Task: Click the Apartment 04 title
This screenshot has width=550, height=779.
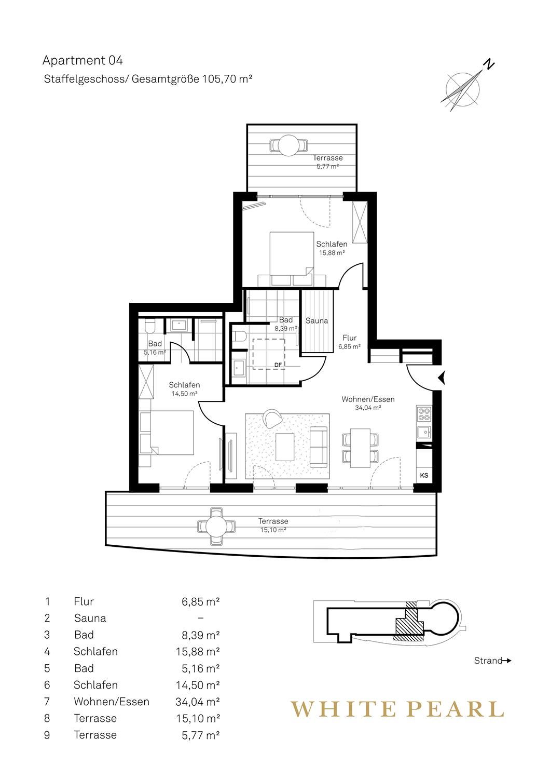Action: click(82, 61)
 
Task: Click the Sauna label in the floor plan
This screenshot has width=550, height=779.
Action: click(317, 320)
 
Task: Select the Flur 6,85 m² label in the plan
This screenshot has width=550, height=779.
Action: click(350, 342)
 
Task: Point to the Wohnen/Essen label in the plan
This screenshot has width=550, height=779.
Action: click(368, 399)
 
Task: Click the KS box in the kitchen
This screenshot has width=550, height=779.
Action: click(424, 475)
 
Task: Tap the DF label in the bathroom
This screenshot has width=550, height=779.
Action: click(278, 365)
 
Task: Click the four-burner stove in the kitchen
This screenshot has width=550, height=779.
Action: click(424, 414)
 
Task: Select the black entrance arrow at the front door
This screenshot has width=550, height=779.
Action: click(442, 378)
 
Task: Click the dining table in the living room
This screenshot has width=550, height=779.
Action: click(360, 448)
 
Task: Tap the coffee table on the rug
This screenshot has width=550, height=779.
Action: click(284, 447)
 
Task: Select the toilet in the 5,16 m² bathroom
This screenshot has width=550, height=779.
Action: click(150, 327)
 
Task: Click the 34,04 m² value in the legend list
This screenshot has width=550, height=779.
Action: click(197, 702)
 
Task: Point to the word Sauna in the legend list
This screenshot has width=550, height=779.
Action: click(90, 619)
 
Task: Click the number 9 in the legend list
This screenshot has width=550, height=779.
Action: click(47, 735)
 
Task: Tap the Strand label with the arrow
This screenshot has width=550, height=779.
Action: click(492, 661)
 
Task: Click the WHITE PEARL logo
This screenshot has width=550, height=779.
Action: click(397, 709)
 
